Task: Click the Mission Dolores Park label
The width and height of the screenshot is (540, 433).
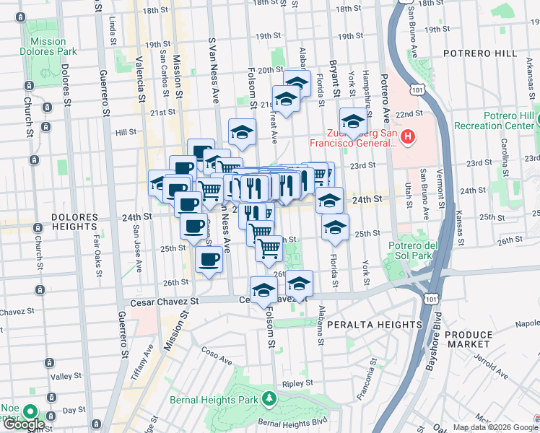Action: (x=48, y=47)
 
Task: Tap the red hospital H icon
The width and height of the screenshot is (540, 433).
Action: (x=408, y=136)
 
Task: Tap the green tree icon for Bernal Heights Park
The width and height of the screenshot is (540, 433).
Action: (x=269, y=398)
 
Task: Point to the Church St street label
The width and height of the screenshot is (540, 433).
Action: (x=28, y=116)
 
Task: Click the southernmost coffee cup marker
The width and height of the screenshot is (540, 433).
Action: (x=209, y=258)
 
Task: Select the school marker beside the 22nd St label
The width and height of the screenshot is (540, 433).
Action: (x=353, y=121)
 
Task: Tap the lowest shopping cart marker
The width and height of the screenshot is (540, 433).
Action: (x=269, y=248)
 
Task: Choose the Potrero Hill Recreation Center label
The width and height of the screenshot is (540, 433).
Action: (x=495, y=121)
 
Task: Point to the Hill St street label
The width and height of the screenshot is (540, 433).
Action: (x=126, y=132)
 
